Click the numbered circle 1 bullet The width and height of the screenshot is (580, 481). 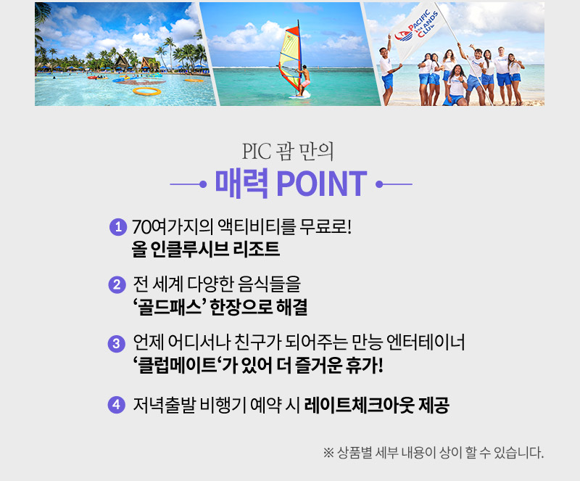(118, 226)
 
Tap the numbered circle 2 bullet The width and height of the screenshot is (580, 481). (117, 284)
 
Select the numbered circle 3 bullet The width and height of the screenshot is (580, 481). (116, 344)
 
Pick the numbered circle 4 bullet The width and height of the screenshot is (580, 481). (116, 404)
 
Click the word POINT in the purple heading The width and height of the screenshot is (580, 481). (321, 184)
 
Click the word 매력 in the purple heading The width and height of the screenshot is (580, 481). (241, 184)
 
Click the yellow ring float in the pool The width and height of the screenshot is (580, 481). (147, 91)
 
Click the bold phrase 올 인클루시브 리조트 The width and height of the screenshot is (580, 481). (206, 249)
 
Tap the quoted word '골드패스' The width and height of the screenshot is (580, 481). (170, 308)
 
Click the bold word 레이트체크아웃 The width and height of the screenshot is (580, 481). (358, 405)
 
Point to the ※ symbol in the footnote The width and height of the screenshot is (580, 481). (328, 453)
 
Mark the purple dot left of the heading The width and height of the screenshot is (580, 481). (203, 184)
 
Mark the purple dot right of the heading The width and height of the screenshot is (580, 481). (379, 184)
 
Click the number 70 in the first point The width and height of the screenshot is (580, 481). (141, 227)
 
